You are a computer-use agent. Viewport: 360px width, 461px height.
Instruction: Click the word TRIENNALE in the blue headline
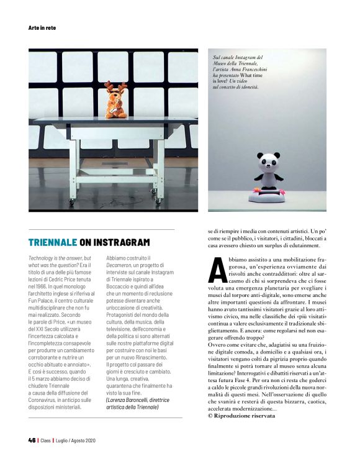point(53,242)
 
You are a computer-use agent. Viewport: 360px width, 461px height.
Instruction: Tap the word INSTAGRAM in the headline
point(120,242)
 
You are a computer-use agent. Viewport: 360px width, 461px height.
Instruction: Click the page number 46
point(32,440)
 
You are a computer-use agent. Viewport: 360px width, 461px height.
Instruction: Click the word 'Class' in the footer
point(46,440)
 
